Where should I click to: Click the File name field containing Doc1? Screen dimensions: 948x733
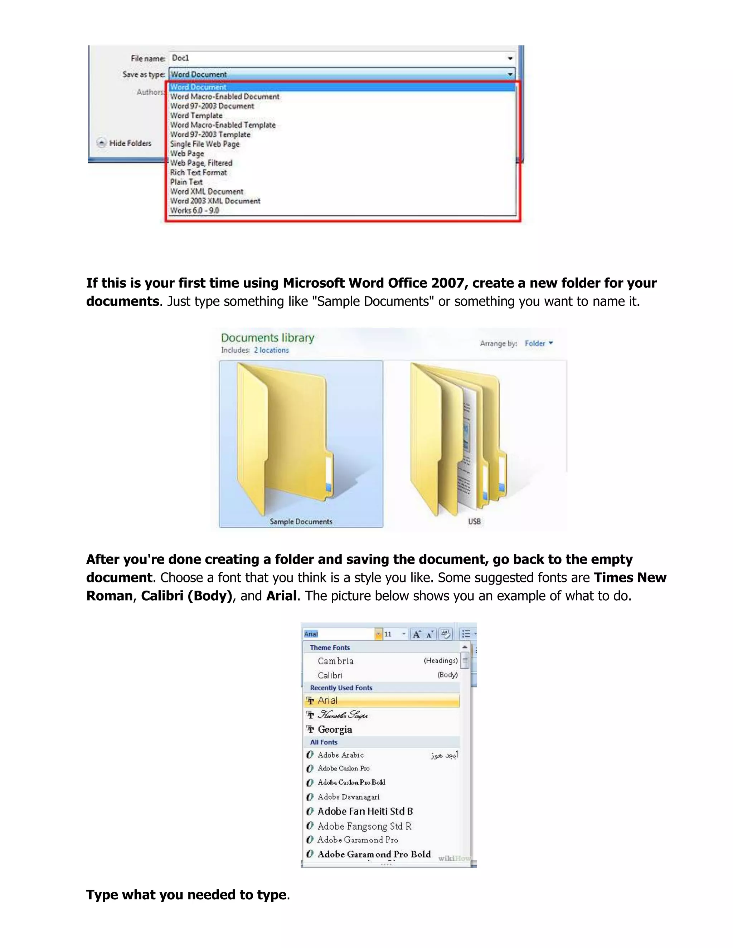pyautogui.click(x=339, y=58)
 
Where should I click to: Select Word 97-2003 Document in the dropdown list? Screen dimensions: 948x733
pyautogui.click(x=212, y=106)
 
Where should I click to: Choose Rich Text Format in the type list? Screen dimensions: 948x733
pyautogui.click(x=198, y=173)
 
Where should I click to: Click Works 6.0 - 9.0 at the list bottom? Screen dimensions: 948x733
pyautogui.click(x=195, y=210)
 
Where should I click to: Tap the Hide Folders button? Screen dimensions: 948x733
pyautogui.click(x=125, y=143)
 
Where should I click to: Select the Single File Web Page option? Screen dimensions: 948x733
pyautogui.click(x=204, y=144)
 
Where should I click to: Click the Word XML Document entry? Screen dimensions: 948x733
pyautogui.click(x=207, y=191)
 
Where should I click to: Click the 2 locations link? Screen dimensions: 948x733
pyautogui.click(x=271, y=350)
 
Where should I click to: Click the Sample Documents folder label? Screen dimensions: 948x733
pyautogui.click(x=301, y=522)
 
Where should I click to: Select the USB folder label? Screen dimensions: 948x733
pyautogui.click(x=474, y=522)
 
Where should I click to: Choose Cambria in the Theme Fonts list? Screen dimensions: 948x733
pyautogui.click(x=336, y=661)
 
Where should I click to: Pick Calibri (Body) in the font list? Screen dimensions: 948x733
pyautogui.click(x=330, y=675)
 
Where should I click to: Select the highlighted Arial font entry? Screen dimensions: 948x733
pyautogui.click(x=327, y=700)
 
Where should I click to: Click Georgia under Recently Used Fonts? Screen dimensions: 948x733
pyautogui.click(x=335, y=729)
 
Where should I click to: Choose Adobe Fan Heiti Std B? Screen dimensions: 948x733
pyautogui.click(x=365, y=811)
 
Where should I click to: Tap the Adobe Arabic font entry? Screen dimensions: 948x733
pyautogui.click(x=340, y=755)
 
